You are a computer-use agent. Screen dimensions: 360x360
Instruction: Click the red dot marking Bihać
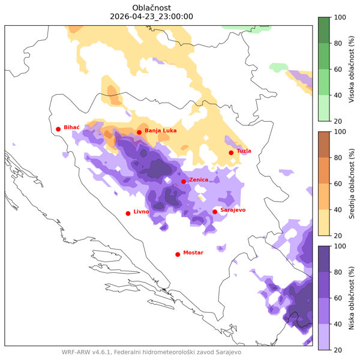coord(58,129)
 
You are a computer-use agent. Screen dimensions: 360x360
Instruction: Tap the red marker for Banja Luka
coord(139,133)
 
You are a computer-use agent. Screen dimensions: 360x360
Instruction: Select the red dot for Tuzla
coord(231,153)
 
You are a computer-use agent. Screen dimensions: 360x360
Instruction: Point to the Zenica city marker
coord(184,182)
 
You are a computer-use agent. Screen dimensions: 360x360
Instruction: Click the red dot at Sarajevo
coord(215,212)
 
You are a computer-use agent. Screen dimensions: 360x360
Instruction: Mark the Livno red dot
coord(128,214)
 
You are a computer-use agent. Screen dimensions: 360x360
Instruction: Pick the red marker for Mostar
coord(178,254)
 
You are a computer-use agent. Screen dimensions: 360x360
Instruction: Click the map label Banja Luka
coord(161,130)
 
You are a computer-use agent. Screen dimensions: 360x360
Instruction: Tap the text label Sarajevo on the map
coord(233,209)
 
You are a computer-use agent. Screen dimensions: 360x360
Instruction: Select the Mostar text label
coord(194,253)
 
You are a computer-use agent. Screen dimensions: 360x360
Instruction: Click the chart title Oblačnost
coord(152,7)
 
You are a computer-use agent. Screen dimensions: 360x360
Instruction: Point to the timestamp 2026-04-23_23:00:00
coord(152,16)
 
